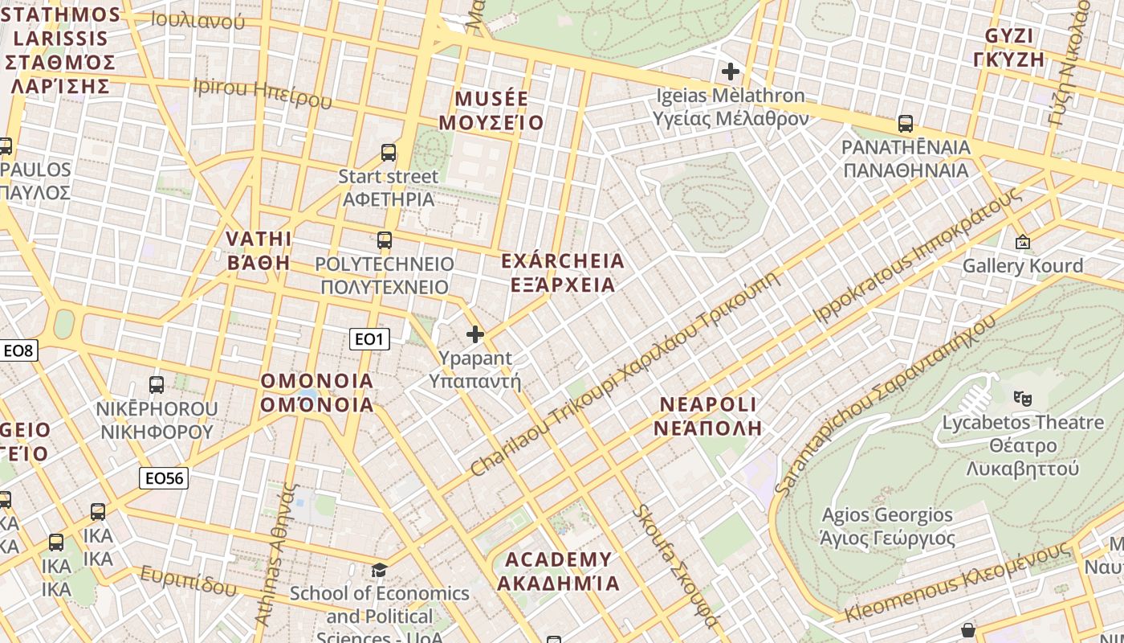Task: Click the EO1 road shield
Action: pos(369,339)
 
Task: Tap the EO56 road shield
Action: pos(164,478)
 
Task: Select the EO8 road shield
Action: pos(18,350)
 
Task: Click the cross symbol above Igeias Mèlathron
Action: pos(730,72)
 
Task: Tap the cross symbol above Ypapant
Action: pos(475,334)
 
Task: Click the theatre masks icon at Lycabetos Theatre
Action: pos(1022,397)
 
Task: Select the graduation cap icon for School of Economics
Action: pos(379,570)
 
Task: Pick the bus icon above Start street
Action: pos(389,152)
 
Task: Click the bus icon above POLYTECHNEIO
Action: pos(385,240)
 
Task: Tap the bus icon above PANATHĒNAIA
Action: pos(906,124)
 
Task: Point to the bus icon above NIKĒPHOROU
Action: pos(157,384)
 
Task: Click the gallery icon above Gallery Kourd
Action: pos(1023,241)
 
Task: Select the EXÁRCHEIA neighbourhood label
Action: pos(562,272)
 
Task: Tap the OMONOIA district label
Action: pos(317,392)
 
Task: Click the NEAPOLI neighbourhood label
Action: pos(707,416)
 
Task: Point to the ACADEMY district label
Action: pos(558,571)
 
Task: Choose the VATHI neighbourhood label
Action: pos(259,250)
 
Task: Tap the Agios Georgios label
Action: pos(887,526)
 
